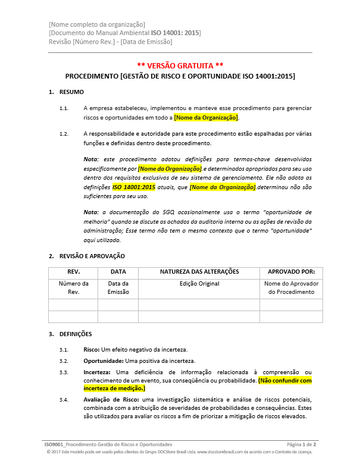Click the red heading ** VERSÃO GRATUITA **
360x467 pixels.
pyautogui.click(x=180, y=65)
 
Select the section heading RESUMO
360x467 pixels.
pyautogui.click(x=71, y=92)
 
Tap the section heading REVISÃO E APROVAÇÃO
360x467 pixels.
pyautogui.click(x=92, y=256)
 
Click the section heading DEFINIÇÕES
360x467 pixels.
pyautogui.click(x=76, y=334)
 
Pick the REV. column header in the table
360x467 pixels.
pyautogui.click(x=73, y=272)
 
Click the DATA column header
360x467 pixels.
pyautogui.click(x=118, y=272)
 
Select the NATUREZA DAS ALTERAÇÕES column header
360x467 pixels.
pyautogui.click(x=199, y=272)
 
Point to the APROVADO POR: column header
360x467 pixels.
pyautogui.click(x=291, y=272)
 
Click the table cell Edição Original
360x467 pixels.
pyautogui.click(x=199, y=284)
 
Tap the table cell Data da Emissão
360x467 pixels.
pyautogui.click(x=118, y=288)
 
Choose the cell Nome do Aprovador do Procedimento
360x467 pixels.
pyautogui.click(x=291, y=288)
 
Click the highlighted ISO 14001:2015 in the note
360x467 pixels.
pyautogui.click(x=134, y=187)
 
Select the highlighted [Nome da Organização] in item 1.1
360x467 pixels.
pyautogui.click(x=206, y=118)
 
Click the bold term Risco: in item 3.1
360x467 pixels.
pyautogui.click(x=93, y=349)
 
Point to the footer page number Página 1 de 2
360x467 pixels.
pyautogui.click(x=301, y=444)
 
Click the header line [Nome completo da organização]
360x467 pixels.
pyautogui.click(x=97, y=24)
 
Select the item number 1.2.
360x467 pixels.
pyautogui.click(x=64, y=134)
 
